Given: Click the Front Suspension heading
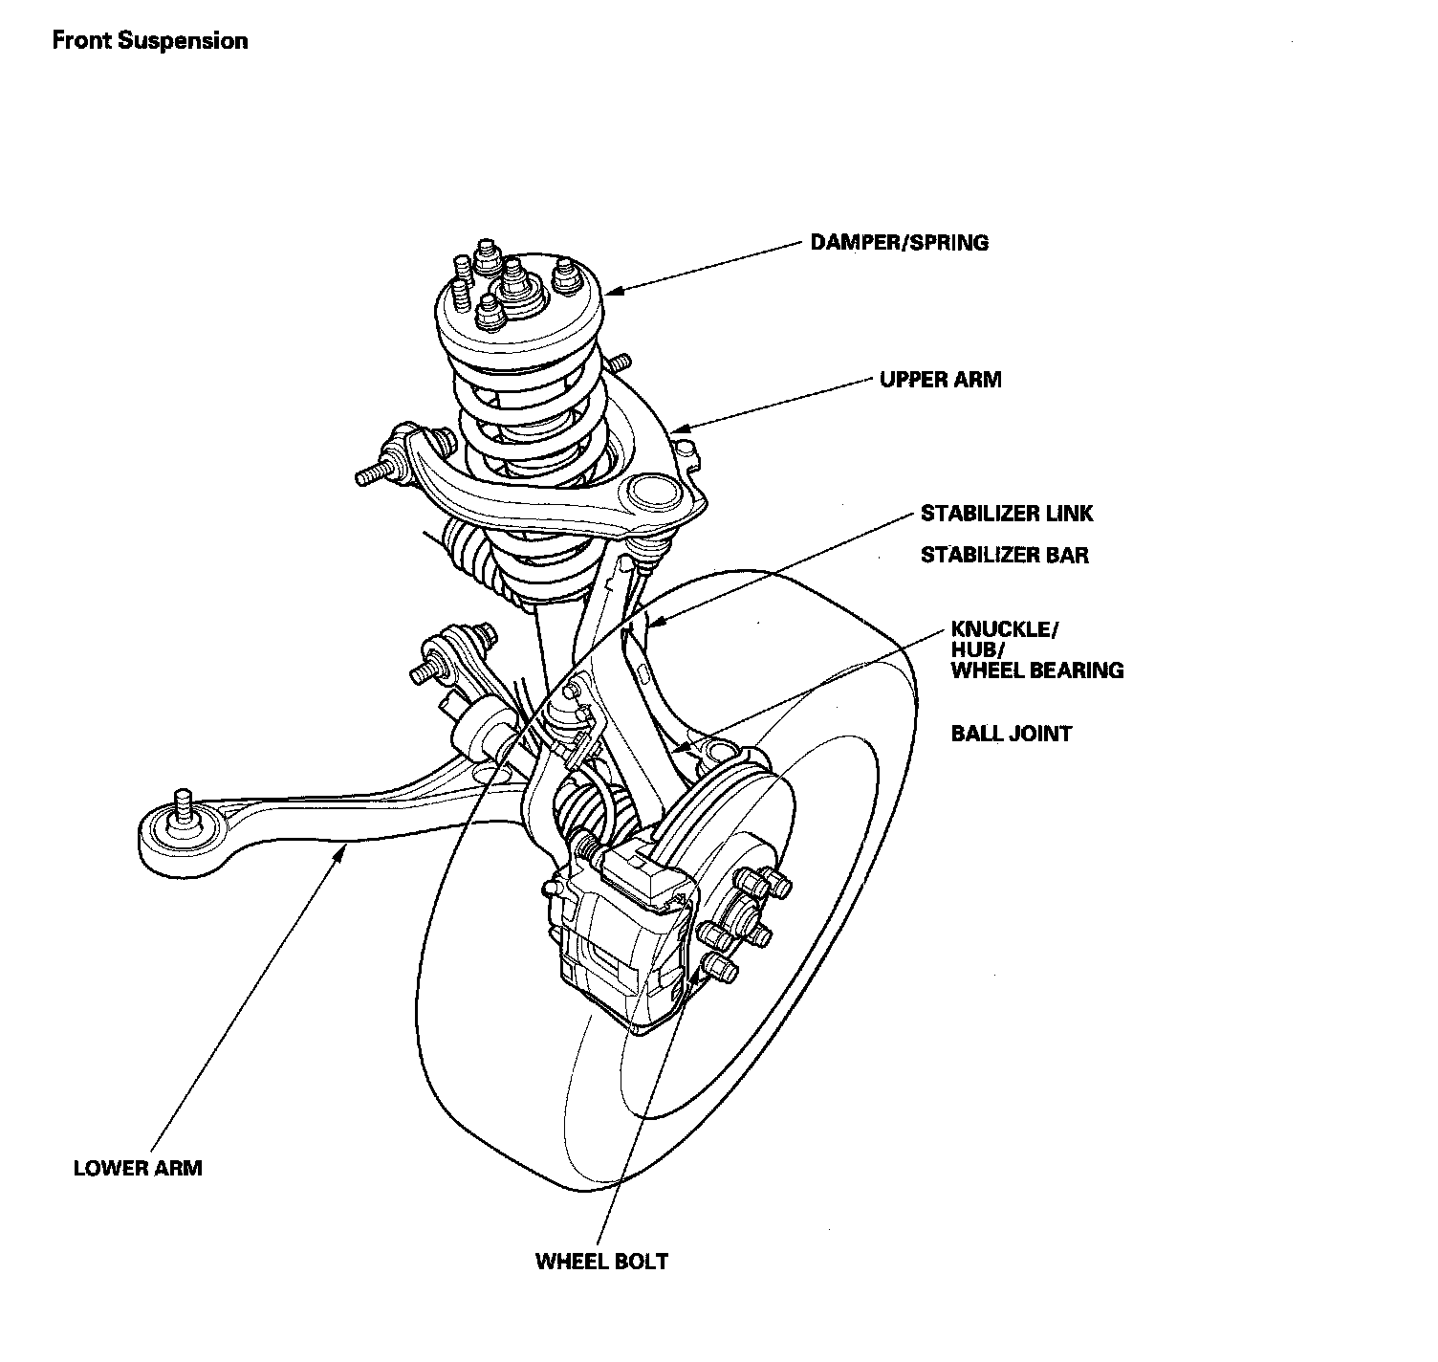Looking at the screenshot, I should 150,41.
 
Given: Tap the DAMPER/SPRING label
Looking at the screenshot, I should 899,242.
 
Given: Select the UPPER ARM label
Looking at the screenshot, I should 940,380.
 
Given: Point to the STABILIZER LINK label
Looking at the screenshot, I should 1006,514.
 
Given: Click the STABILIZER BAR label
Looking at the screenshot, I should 1004,555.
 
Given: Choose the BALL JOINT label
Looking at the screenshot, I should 1011,734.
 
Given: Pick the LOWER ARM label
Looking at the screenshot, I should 138,1168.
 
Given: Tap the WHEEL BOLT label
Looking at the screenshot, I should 601,1261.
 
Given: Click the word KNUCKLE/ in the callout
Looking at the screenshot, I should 1004,629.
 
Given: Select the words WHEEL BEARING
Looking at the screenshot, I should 1036,670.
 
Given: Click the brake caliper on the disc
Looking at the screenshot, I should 621,937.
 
